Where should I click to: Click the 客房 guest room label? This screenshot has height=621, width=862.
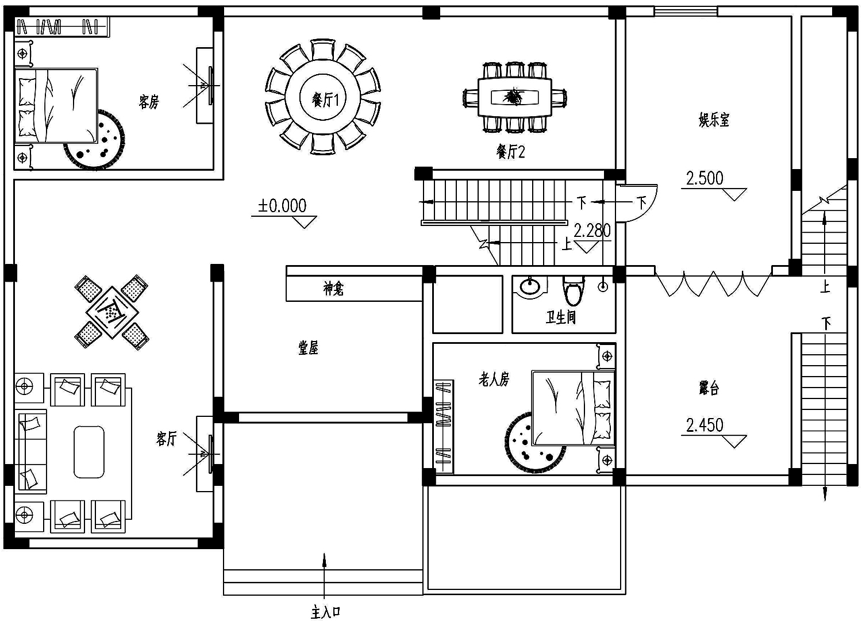point(148,102)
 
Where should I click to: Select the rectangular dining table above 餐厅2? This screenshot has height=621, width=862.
point(515,97)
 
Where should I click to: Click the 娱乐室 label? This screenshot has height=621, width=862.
point(714,120)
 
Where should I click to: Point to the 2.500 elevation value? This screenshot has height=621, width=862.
point(705,178)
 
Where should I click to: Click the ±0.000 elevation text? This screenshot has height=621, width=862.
point(282,206)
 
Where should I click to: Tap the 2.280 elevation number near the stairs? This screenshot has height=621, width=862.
point(592,231)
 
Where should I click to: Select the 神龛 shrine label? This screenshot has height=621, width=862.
point(333,288)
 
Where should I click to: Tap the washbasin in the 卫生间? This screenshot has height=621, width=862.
point(530,286)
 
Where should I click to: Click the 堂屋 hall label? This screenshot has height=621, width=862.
point(308,348)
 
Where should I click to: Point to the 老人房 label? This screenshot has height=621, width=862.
point(494,380)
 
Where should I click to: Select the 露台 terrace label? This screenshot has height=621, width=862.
point(709,388)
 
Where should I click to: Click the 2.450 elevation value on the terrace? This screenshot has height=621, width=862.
point(705,425)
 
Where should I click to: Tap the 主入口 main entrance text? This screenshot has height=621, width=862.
point(326,612)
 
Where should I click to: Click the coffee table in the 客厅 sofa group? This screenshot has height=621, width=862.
point(89,452)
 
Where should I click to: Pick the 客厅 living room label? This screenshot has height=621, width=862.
point(166,439)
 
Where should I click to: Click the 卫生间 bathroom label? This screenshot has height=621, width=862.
point(561,317)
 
